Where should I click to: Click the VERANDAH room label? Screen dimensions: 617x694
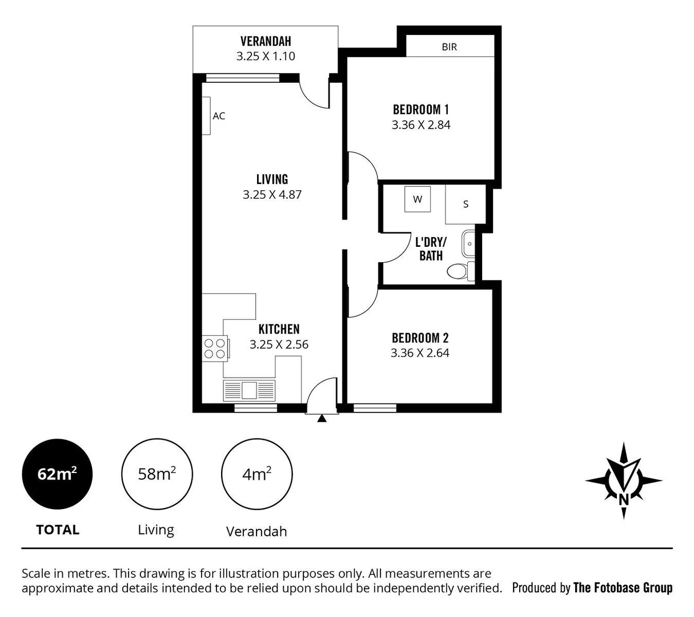[266, 41]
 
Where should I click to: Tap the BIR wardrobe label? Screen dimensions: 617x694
[449, 47]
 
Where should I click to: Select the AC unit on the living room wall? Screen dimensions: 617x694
[206, 116]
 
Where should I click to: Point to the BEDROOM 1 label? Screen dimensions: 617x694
[420, 109]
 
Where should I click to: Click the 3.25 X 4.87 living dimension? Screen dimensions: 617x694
[272, 194]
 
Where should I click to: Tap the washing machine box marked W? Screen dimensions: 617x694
[418, 199]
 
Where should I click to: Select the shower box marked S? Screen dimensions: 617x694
[466, 204]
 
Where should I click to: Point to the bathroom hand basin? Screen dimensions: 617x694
[468, 244]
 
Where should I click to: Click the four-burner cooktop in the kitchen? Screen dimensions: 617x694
[215, 348]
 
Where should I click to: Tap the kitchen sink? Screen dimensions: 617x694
[248, 390]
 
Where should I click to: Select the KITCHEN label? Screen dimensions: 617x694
[279, 329]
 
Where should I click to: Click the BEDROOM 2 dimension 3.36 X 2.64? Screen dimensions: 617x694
[420, 353]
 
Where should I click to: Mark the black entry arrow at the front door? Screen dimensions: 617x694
[322, 419]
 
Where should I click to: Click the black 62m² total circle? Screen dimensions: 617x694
[57, 474]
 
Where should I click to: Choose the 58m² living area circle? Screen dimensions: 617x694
[157, 474]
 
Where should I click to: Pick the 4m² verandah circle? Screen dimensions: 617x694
[256, 474]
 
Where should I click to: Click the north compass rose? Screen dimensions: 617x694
[624, 480]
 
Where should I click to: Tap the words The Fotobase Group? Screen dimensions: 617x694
[623, 587]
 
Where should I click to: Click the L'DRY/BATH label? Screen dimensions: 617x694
[431, 249]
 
